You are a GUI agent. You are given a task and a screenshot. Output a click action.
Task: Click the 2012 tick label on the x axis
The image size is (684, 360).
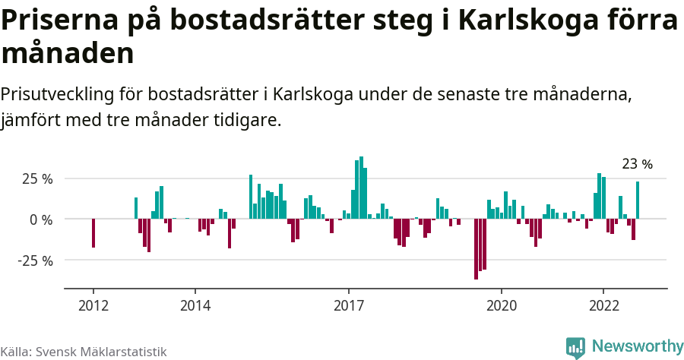pos(93,306)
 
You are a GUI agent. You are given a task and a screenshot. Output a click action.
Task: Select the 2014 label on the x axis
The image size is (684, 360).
pos(195,306)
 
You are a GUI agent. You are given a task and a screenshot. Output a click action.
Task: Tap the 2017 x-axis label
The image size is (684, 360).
pos(349,306)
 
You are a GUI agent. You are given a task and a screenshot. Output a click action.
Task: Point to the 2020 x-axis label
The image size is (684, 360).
pos(502,306)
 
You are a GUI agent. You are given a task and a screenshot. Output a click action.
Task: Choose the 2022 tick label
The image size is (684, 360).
pos(603,306)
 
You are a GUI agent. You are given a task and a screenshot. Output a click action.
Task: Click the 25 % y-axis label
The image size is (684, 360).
pos(37,179)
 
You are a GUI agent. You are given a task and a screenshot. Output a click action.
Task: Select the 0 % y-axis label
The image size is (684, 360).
pos(41,219)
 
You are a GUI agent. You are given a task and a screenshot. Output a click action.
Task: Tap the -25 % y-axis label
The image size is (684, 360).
pos(35,261)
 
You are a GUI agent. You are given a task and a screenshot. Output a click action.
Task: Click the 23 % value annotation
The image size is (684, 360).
pos(637,164)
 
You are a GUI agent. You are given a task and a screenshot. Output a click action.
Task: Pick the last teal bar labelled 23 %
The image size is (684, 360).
pos(638,201)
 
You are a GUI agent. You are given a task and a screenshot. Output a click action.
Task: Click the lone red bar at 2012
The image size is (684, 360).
pos(93,233)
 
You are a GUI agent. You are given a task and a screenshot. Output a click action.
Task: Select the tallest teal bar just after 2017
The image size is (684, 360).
pos(361,188)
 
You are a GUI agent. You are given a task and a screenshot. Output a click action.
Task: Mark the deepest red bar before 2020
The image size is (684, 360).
pos(476,249)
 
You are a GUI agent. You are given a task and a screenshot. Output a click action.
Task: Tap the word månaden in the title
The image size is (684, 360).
pos(68,54)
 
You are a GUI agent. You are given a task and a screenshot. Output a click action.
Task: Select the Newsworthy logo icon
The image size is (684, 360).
pos(575,347)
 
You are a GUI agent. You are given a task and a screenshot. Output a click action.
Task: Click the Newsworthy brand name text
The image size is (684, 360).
pos(637,346)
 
